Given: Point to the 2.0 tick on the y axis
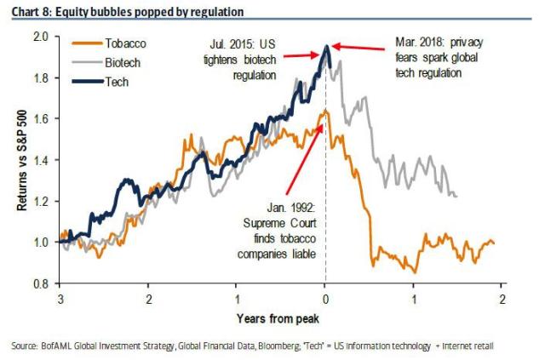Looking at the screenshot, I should (40, 37).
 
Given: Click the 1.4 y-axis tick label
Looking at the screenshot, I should (40, 160).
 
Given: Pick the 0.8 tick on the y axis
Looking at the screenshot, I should (40, 283).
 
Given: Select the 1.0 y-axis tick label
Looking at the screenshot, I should (40, 243).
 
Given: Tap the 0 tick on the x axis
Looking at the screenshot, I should (325, 299).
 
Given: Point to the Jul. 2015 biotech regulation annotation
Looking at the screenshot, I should (243, 55).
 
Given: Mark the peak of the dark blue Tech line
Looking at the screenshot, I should (327, 46).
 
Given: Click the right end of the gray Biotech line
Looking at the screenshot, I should (456, 196).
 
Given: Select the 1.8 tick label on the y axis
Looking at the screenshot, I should (40, 78).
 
